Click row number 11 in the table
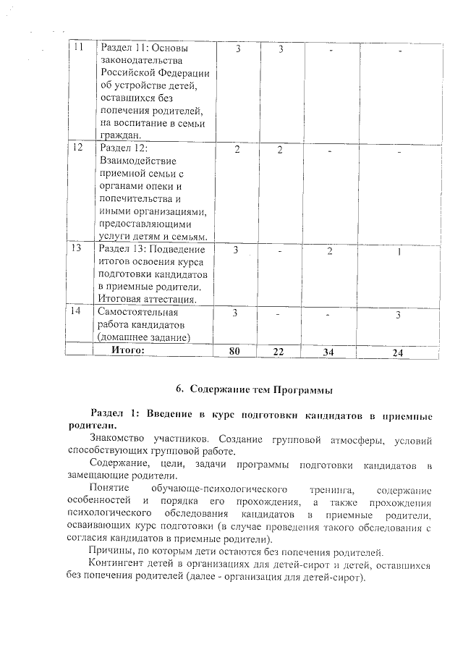(80, 47)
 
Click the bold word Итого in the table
(128, 350)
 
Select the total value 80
(234, 351)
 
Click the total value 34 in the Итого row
(331, 352)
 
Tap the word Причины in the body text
(109, 552)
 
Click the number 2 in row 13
(331, 250)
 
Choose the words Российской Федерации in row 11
(153, 73)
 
